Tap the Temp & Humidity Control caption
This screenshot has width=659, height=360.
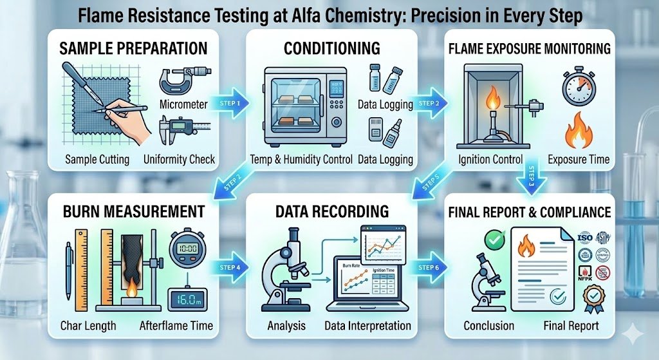301,159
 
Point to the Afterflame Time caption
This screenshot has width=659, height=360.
175,325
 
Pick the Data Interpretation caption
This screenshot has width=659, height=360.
367,325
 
